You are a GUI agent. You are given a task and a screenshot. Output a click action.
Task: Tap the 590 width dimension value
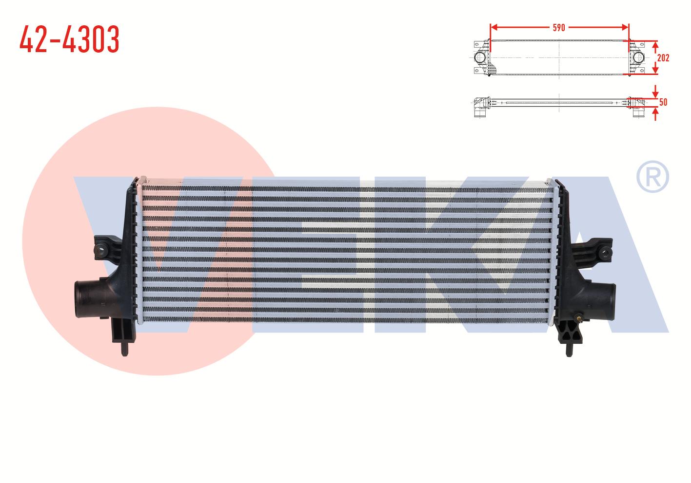pos(559,28)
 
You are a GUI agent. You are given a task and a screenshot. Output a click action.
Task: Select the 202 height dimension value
pos(663,57)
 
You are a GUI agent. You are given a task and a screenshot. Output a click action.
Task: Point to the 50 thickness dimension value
pos(663,102)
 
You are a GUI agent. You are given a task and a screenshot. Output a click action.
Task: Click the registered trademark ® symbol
pos(653,177)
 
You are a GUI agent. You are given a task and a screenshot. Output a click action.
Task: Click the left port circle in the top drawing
pos(480,58)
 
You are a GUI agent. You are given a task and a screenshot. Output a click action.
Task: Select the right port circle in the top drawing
pos(638,58)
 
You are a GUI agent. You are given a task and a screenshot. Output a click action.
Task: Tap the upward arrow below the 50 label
pos(655,113)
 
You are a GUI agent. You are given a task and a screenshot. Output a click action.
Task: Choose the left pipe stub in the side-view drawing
pos(479,113)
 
